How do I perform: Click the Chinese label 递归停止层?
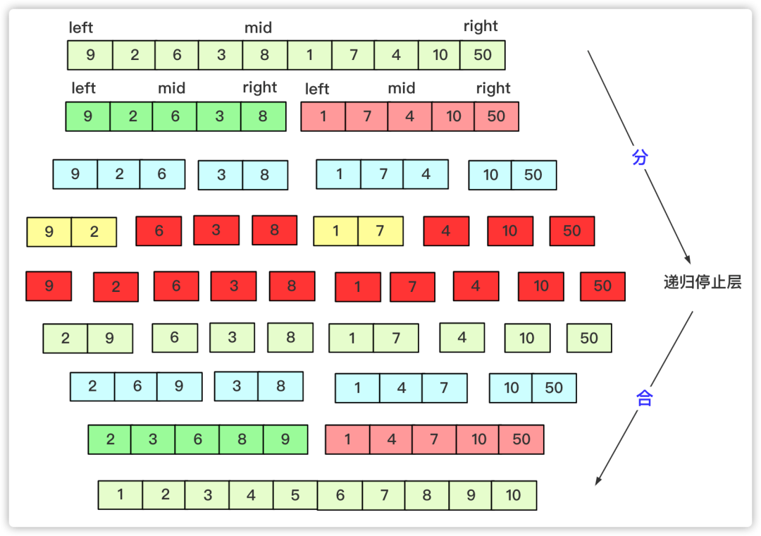coord(703,282)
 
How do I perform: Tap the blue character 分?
coord(640,157)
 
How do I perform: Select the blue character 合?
coord(644,398)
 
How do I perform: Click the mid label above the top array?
coord(258,28)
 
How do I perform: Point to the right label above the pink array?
coord(493,88)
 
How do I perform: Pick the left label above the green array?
coord(83,88)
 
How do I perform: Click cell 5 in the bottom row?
coord(295,495)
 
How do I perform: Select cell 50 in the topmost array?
coord(483,55)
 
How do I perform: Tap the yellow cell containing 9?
coord(49,232)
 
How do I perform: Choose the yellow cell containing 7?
coord(380,231)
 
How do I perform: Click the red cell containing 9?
coord(49,286)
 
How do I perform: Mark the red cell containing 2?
coord(116,287)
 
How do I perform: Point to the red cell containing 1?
coord(358,287)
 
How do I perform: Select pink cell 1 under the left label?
coord(323,116)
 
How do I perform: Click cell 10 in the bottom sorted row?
coord(514,495)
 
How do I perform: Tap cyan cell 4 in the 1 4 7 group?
coord(402,388)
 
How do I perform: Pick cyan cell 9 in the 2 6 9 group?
coord(179,386)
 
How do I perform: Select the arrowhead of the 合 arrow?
coord(598,480)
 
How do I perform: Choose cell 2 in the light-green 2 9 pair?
coord(66,339)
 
